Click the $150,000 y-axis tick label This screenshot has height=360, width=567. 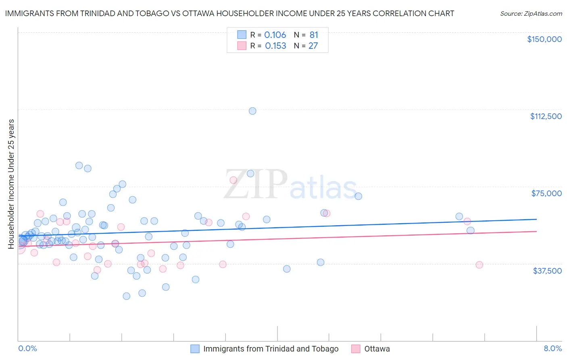[x=544, y=39]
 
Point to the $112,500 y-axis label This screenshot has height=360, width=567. [x=546, y=116]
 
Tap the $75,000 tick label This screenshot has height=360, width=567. [x=546, y=193]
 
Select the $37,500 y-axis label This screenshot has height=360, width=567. [x=547, y=271]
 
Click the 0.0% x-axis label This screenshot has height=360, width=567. [x=27, y=348]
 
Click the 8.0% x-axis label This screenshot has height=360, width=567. [x=552, y=348]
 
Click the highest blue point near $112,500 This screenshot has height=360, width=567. [x=252, y=111]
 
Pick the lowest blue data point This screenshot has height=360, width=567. [x=126, y=296]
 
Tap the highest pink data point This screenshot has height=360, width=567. [x=233, y=180]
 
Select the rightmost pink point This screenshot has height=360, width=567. [x=479, y=265]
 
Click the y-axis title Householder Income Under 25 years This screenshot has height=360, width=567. [x=11, y=184]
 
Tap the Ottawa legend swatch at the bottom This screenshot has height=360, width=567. [x=355, y=349]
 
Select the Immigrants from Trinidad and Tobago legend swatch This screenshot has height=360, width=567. [x=195, y=349]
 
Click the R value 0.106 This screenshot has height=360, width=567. [x=275, y=35]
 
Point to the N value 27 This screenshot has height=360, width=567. [x=313, y=46]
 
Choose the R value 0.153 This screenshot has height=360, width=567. [x=275, y=46]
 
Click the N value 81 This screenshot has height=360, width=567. [x=313, y=35]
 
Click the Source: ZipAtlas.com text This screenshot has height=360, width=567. [x=531, y=14]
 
